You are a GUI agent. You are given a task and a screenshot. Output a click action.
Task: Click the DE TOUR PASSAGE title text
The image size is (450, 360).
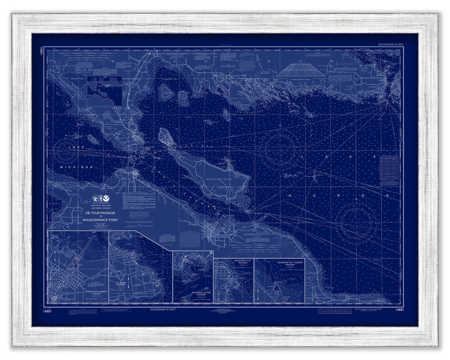click(x=100, y=213)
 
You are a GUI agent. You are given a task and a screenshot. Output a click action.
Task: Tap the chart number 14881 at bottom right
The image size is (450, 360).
click(x=399, y=310)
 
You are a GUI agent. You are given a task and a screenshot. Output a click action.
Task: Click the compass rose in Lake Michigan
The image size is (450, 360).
click(x=68, y=151)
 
